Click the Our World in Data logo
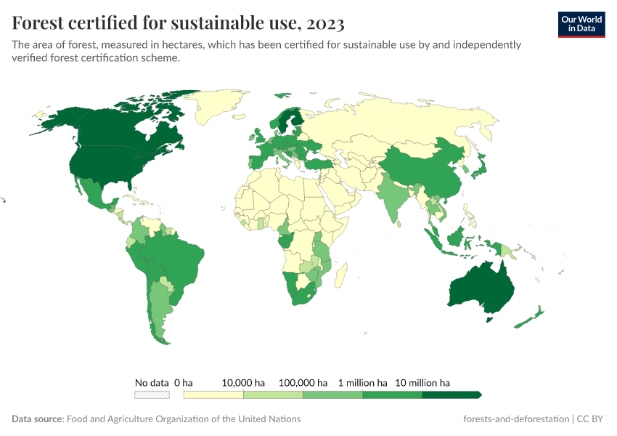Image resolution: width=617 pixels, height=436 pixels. click(581, 24)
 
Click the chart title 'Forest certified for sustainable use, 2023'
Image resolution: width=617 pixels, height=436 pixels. click(179, 23)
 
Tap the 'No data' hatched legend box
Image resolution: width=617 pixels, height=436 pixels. click(152, 395)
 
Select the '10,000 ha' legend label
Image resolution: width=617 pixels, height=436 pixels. click(243, 382)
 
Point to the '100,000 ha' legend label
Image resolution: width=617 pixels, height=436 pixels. click(303, 382)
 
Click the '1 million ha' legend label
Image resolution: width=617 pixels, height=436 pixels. click(362, 382)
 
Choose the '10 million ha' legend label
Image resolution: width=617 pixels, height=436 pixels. click(422, 382)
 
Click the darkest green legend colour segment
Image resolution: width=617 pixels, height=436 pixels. click(450, 395)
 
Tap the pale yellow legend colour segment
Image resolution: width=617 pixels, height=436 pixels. click(213, 395)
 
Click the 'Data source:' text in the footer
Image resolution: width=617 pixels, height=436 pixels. click(38, 419)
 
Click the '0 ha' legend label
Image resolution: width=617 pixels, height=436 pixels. click(184, 382)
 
